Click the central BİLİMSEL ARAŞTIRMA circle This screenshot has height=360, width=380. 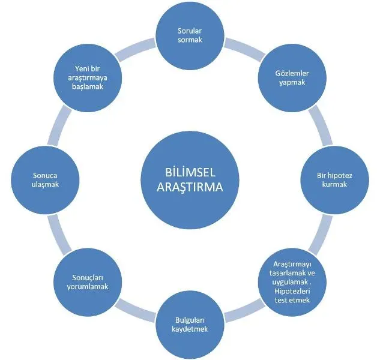(184, 179)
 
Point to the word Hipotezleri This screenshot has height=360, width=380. (290, 290)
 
